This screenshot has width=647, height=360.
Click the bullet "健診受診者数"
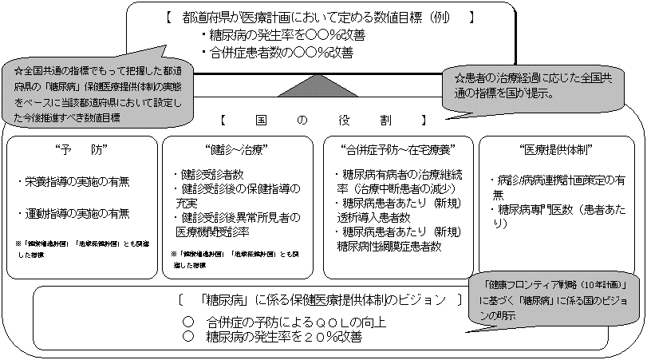pos(208,174)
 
